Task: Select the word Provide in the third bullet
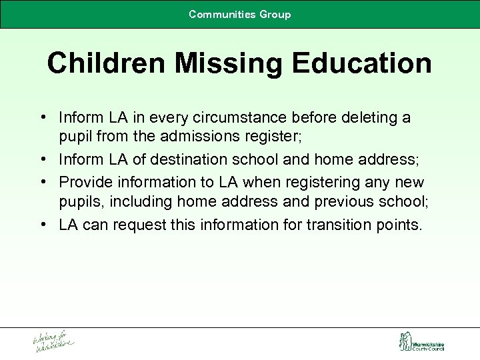click(83, 181)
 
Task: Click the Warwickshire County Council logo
click(421, 342)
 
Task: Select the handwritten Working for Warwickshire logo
click(54, 341)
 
